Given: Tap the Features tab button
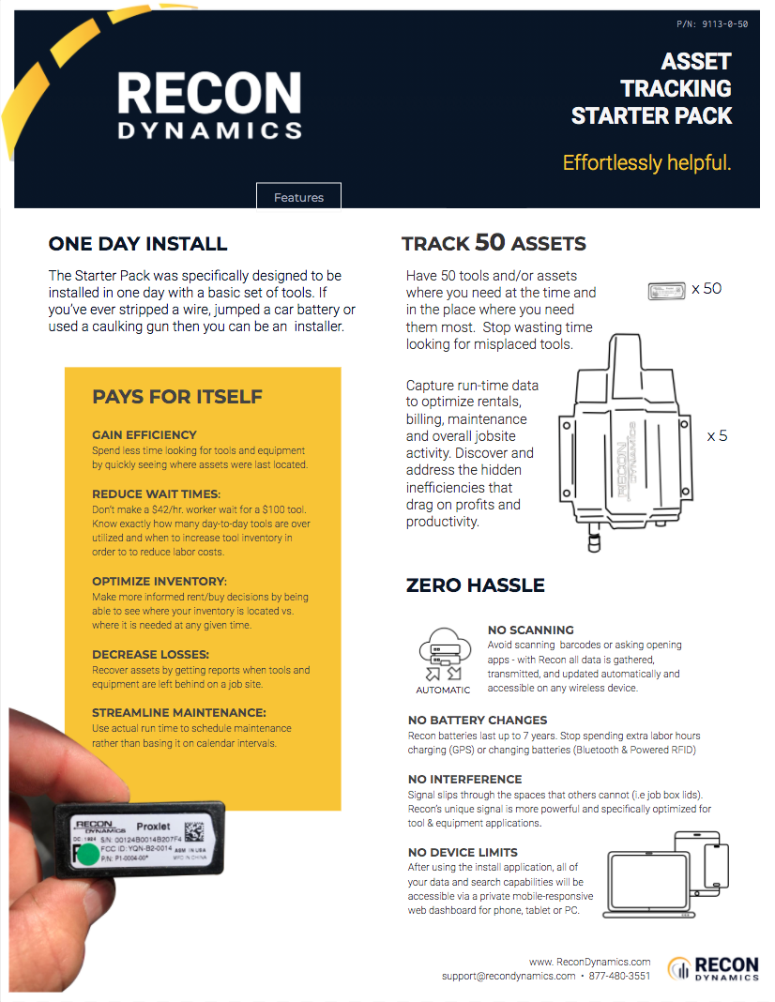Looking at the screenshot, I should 298,197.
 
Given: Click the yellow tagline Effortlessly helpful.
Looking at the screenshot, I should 646,162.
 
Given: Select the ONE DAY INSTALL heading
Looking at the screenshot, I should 138,244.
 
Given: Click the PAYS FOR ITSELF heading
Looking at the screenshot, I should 177,397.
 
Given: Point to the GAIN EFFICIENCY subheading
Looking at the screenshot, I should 144,435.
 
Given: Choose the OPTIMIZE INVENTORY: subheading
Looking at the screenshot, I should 160,582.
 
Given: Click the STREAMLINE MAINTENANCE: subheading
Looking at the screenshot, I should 179,712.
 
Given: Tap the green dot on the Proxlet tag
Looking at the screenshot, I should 87,854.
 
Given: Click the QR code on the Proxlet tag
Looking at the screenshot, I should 194,830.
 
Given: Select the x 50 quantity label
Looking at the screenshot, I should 707,289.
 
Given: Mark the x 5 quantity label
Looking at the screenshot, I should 717,436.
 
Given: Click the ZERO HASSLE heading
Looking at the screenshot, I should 475,585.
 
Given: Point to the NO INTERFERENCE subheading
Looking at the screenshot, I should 464,780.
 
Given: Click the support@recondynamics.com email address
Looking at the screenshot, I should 509,976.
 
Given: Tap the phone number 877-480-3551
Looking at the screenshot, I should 619,976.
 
